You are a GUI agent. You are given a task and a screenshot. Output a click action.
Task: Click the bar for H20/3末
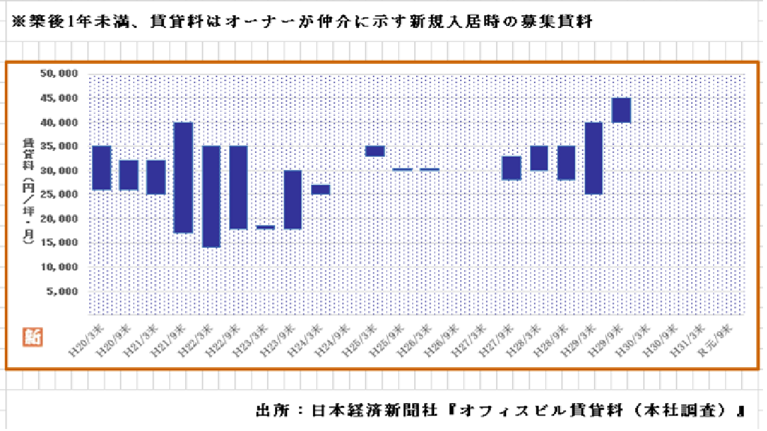101,168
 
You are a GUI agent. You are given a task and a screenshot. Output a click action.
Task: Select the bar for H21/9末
183,178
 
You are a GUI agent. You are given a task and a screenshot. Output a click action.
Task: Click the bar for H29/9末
621,110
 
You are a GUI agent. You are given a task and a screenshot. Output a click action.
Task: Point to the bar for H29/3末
594,158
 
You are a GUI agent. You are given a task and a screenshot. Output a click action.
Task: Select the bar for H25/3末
375,151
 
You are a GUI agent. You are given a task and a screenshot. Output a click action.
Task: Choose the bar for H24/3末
320,190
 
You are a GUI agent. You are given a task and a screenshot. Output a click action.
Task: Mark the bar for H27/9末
511,168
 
